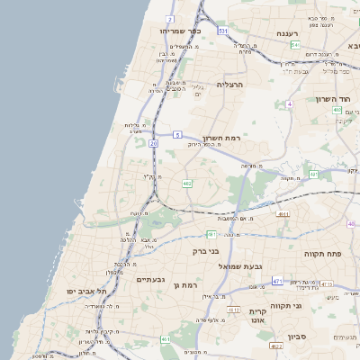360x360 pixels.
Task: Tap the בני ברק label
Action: coord(206,251)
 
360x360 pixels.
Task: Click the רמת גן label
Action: coord(185,284)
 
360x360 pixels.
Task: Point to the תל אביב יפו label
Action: coord(86,292)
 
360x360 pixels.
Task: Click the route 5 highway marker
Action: coord(177,134)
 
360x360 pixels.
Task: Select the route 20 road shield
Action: coord(154,143)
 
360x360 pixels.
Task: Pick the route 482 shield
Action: coord(186,184)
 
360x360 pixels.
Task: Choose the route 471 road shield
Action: coord(277,282)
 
